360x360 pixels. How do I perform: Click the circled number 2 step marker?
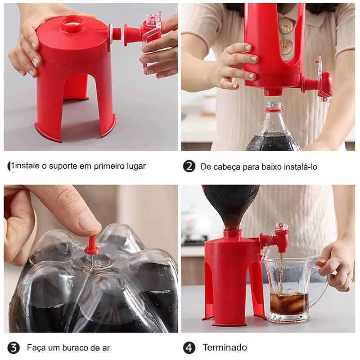[189, 166]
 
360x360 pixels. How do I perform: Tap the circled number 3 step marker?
[13, 347]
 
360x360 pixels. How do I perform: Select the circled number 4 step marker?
[189, 347]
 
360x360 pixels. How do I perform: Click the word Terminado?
[225, 347]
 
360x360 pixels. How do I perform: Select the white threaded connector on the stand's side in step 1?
[114, 35]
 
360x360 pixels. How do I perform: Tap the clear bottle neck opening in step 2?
[274, 106]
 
